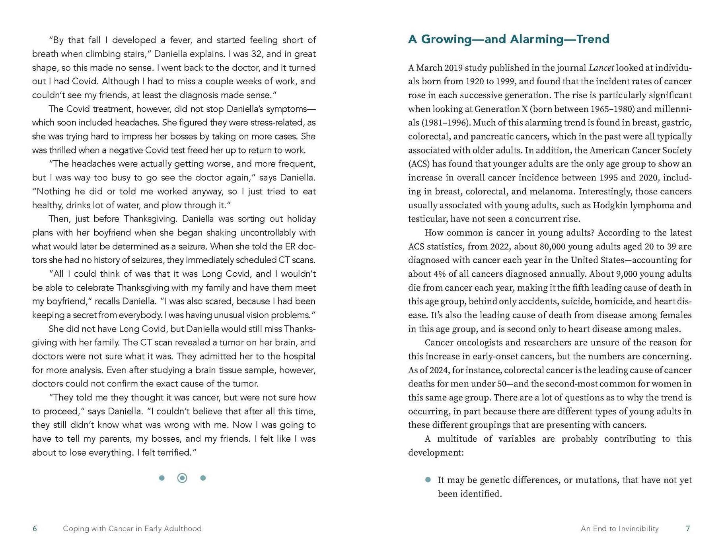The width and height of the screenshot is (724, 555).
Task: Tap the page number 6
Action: click(35, 528)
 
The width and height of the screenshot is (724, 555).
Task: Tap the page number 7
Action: click(688, 528)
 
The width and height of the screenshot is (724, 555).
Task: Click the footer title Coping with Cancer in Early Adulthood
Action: click(132, 528)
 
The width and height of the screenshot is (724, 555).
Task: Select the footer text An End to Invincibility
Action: click(619, 528)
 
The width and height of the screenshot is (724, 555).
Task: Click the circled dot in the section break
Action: click(182, 478)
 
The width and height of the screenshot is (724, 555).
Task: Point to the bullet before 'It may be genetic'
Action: click(428, 480)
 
